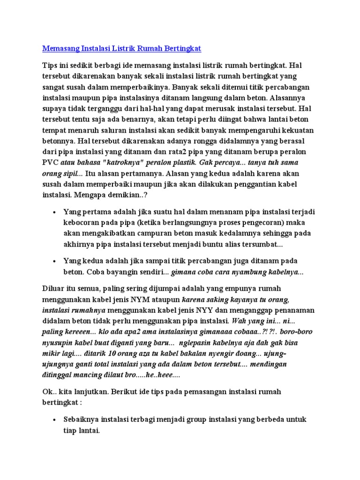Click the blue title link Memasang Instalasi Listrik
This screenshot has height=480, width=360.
[122, 48]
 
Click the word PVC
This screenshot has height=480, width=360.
[49, 162]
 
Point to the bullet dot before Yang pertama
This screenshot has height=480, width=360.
[55, 212]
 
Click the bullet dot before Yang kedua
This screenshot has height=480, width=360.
[55, 261]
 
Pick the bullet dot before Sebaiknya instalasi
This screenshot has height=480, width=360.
[55, 420]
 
